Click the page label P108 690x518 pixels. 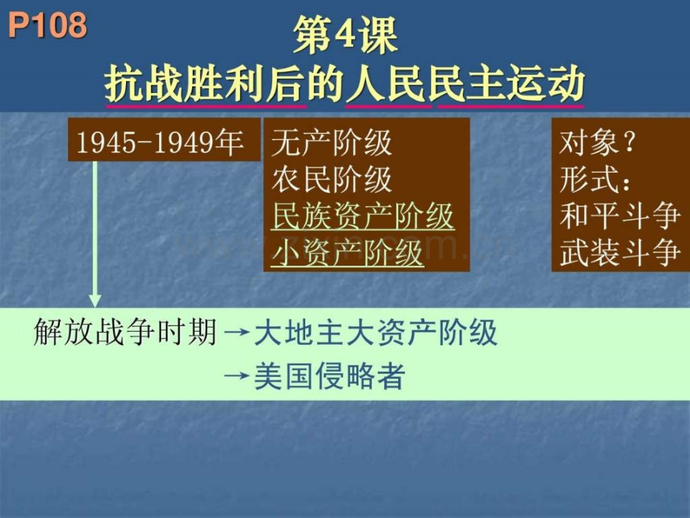point(47,25)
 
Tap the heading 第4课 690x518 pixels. point(346,35)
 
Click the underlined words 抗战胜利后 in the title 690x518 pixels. point(205,83)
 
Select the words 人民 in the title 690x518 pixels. point(388,83)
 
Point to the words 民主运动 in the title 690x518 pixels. point(511,83)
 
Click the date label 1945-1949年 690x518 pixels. point(160,143)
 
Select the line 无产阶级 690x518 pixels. point(331,143)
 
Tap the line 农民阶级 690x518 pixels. point(331,179)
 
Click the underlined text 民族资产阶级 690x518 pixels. point(362,216)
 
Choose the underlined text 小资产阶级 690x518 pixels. point(348,253)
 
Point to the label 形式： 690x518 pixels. point(595,179)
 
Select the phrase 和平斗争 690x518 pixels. point(619,216)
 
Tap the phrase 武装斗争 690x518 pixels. point(619,253)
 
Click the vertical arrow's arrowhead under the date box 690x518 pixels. point(94,301)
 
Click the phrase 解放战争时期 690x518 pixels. point(125,332)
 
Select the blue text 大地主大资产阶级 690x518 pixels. point(376,332)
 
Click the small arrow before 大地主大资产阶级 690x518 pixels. point(237,333)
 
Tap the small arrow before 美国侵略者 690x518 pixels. point(237,376)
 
